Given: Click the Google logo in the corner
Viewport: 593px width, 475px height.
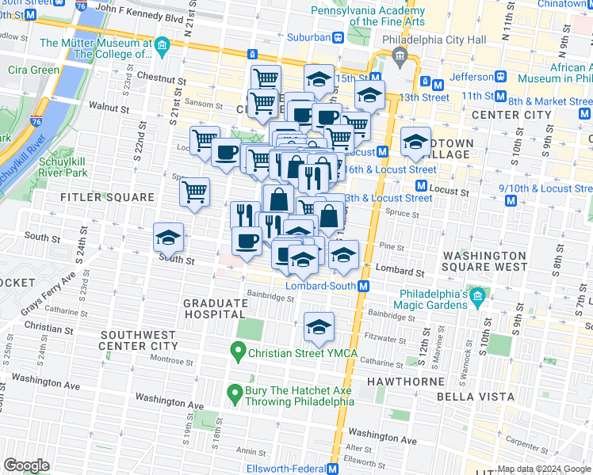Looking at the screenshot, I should [26, 465].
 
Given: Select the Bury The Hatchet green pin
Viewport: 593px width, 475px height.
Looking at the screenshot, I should [235, 392].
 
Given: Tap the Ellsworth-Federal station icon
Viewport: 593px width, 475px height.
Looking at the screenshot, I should [333, 469].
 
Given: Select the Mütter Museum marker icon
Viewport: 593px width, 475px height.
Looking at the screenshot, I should [162, 44].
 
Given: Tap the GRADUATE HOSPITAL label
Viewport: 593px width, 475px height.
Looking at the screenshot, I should [216, 309].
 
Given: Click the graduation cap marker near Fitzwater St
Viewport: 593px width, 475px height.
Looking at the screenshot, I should [319, 327].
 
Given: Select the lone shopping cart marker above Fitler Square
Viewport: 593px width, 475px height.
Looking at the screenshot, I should [194, 191].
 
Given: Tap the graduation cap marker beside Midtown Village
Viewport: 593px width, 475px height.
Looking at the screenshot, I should [415, 142].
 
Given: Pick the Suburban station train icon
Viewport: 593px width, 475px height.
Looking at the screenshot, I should [338, 37].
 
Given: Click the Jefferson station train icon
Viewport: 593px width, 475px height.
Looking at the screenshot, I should [501, 78].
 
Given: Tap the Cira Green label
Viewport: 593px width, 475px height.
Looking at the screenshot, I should [33, 70].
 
